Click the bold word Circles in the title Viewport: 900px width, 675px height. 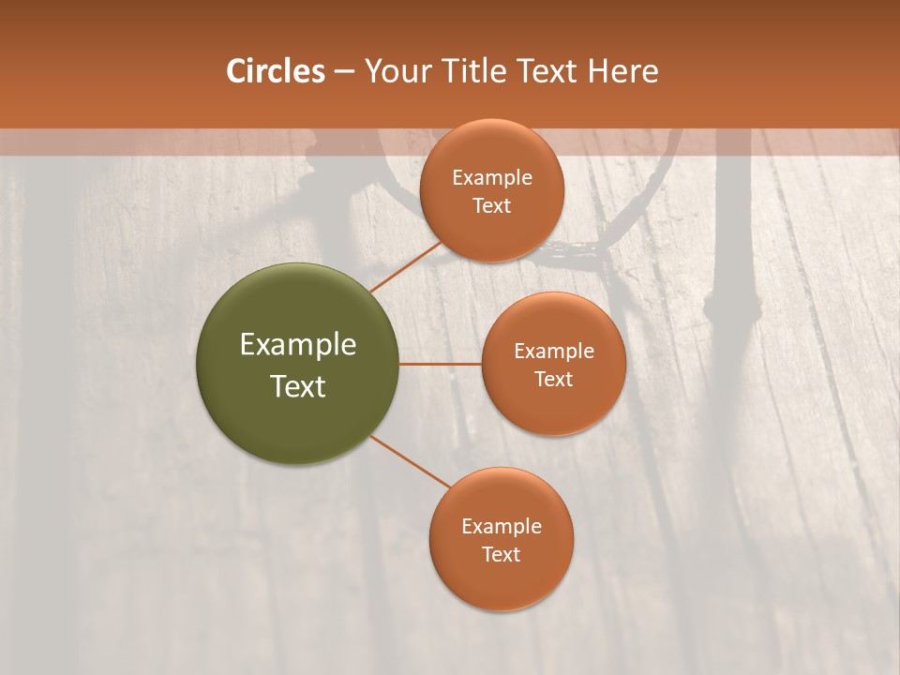[275, 71]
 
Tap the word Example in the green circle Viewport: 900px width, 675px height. [298, 345]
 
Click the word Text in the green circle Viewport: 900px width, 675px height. [298, 386]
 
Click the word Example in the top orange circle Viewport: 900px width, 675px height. [491, 177]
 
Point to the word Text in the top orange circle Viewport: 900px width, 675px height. [491, 205]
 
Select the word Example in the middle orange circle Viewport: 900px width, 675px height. [553, 351]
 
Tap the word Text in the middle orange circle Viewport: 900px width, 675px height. [553, 379]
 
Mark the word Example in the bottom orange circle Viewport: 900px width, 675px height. [501, 526]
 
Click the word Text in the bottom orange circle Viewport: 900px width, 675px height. [501, 554]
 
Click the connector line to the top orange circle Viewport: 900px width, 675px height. [406, 266]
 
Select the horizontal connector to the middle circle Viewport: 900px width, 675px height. [441, 364]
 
